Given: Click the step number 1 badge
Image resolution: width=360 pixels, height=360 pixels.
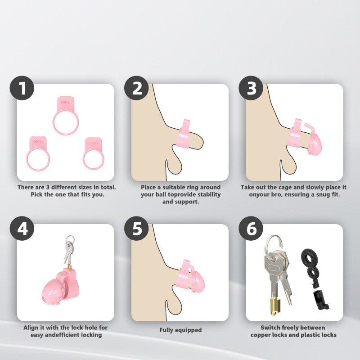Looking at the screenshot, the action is (22, 88).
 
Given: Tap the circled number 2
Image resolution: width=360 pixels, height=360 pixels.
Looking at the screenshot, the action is (137, 88).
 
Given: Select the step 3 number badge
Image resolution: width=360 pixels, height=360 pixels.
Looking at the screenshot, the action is (251, 88).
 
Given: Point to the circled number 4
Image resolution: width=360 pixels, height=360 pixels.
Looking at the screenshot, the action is (22, 229).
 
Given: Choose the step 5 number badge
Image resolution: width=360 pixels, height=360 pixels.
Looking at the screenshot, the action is (137, 229).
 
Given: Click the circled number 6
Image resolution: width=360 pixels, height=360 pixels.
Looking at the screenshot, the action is (251, 229).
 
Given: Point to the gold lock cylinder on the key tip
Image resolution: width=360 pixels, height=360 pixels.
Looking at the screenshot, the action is (275, 306).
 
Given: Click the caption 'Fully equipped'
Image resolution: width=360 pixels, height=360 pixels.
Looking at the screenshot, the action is (181, 330).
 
